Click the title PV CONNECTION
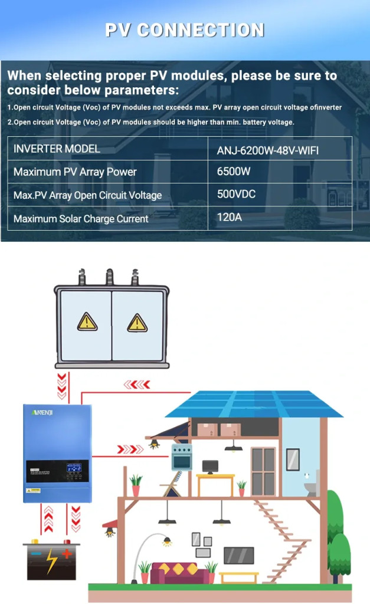185,30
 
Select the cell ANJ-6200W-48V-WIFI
268,150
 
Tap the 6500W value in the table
234,171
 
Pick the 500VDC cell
236,193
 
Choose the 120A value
230,217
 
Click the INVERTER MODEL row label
57,149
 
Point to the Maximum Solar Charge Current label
81,219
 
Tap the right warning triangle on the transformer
137,323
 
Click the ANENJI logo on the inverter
42,412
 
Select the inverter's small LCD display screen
74,468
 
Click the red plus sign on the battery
67,554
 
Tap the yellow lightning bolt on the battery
52,561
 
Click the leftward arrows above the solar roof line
137,385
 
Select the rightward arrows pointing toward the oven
130,449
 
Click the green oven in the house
182,457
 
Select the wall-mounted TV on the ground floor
239,556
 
